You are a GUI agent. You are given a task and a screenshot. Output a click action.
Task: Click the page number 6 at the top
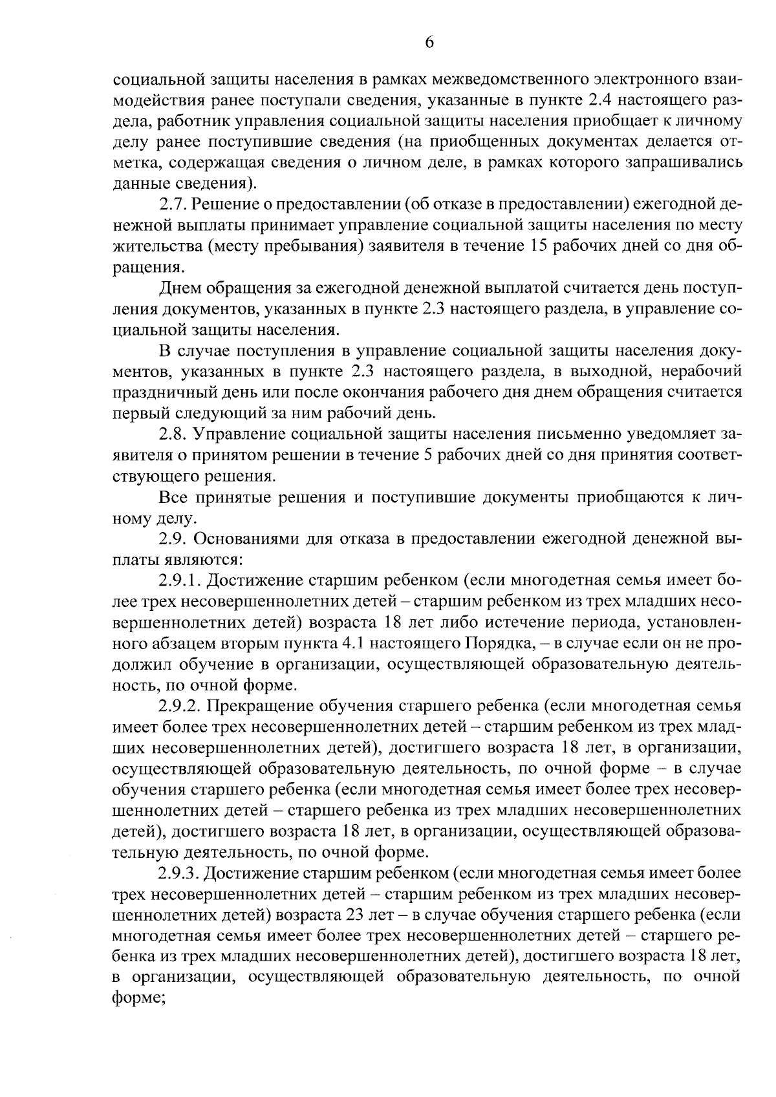[429, 42]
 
